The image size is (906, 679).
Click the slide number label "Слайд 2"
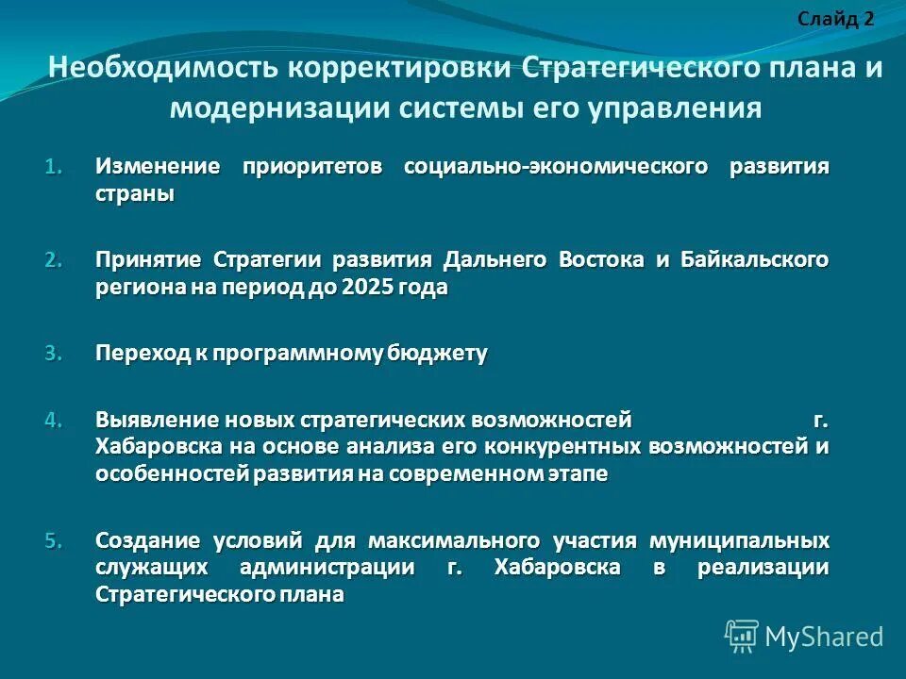tap(835, 19)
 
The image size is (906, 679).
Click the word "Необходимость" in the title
tap(162, 69)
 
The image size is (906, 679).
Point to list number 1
tap(54, 168)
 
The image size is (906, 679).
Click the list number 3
tap(54, 355)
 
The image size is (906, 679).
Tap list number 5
tap(54, 541)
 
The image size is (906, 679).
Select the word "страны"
tap(135, 194)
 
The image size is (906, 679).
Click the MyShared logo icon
tap(741, 636)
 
